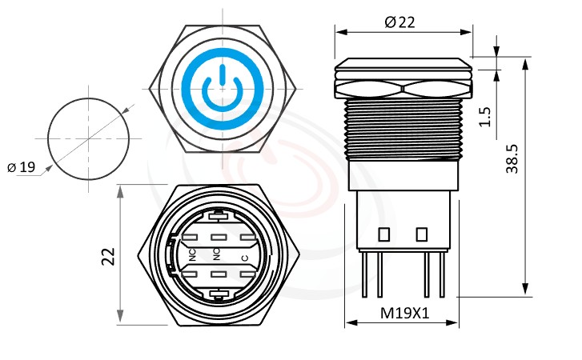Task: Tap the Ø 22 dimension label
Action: click(400, 22)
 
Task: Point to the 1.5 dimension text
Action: click(484, 117)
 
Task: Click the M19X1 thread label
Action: click(404, 314)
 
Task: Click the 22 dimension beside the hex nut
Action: click(109, 256)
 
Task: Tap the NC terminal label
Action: click(192, 255)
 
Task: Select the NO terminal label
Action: click(216, 255)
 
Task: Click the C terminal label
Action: click(244, 257)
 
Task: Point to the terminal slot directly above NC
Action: click(192, 238)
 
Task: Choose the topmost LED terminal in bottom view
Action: click(218, 215)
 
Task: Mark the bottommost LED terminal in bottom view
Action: click(218, 295)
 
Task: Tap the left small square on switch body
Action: click(383, 234)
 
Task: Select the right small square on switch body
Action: click(421, 234)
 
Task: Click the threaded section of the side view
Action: click(403, 128)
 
